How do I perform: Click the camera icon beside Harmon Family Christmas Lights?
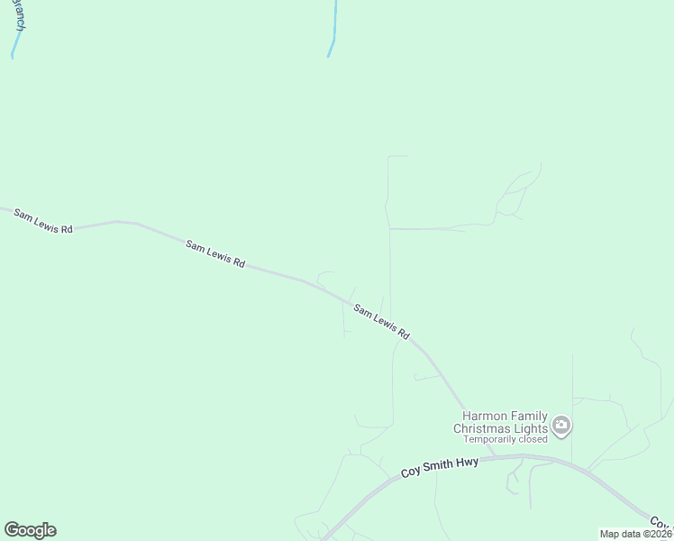click(x=561, y=425)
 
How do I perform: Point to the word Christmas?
click(x=482, y=428)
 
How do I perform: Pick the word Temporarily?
click(x=489, y=440)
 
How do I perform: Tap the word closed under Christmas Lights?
click(x=532, y=440)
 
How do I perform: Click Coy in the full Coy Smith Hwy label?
click(x=410, y=472)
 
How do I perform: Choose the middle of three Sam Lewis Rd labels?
click(x=215, y=253)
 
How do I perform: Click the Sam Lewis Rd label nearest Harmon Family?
click(x=381, y=322)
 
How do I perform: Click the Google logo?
click(x=30, y=530)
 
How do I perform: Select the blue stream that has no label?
click(x=333, y=32)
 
